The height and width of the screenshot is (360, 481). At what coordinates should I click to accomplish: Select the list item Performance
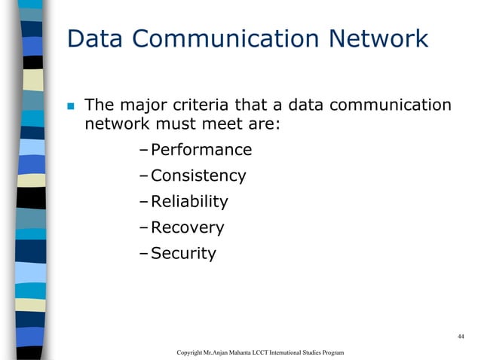click(x=201, y=151)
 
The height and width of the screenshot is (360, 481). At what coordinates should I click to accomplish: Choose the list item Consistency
click(x=198, y=176)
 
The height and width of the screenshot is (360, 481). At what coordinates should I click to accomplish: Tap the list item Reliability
click(x=188, y=202)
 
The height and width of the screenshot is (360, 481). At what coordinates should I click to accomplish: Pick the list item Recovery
click(x=187, y=227)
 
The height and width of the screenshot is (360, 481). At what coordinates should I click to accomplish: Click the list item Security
click(x=183, y=253)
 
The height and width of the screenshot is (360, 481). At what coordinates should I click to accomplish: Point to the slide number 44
click(x=460, y=336)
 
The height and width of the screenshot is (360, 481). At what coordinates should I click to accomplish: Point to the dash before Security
click(x=144, y=253)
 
